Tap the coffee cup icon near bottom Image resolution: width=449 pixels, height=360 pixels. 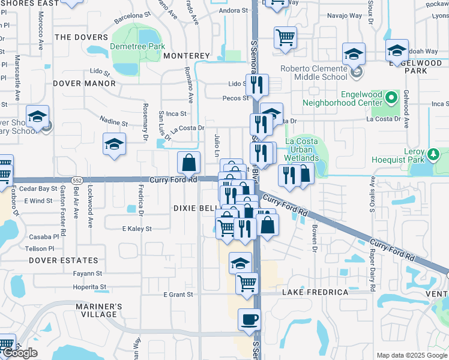pyautogui.click(x=249, y=319)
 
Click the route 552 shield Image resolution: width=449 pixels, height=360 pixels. pyautogui.click(x=76, y=180)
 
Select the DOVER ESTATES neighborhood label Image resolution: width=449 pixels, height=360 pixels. pyautogui.click(x=63, y=260)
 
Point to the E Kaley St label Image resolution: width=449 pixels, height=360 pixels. pyautogui.click(x=137, y=229)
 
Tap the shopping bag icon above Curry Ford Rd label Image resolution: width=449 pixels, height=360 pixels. pyautogui.click(x=189, y=163)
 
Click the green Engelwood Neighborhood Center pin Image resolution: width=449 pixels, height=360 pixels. pyautogui.click(x=392, y=97)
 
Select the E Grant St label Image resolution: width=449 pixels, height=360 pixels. pyautogui.click(x=178, y=295)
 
